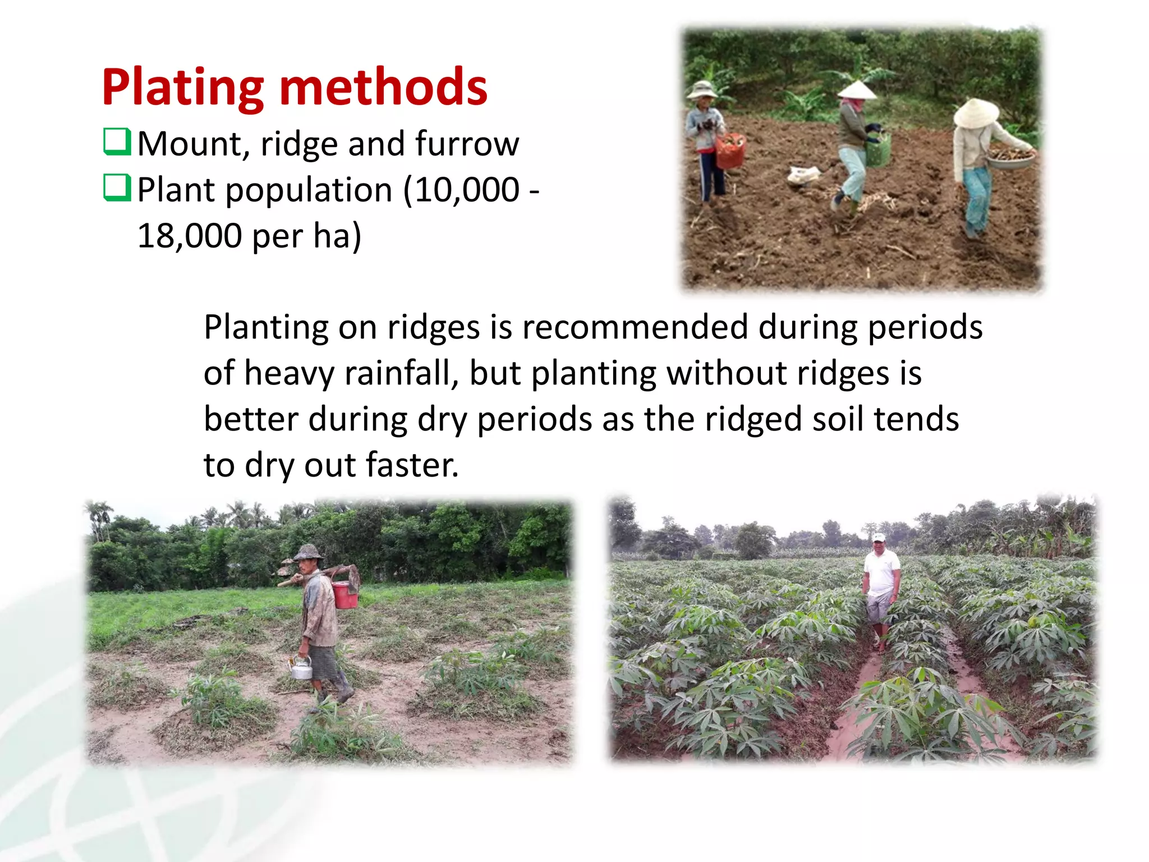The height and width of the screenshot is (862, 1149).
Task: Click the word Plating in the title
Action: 182,89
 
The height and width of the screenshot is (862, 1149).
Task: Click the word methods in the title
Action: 383,88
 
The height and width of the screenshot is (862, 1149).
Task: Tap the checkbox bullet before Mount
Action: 117,142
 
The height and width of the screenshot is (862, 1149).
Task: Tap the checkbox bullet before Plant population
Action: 117,188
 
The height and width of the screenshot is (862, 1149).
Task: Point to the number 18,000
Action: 190,236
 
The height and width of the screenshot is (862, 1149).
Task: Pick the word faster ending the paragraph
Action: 412,465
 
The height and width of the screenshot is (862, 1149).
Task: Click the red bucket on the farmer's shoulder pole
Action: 344,595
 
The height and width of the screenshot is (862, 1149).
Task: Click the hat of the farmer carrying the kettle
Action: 307,552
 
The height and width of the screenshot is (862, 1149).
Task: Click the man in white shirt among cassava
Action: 881,589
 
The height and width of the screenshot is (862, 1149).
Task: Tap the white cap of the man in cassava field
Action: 879,538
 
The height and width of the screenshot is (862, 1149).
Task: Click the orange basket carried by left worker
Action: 730,150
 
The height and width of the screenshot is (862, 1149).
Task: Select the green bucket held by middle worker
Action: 879,149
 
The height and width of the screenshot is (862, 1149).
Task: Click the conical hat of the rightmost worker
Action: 976,112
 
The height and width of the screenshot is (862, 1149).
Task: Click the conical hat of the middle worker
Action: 857,90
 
